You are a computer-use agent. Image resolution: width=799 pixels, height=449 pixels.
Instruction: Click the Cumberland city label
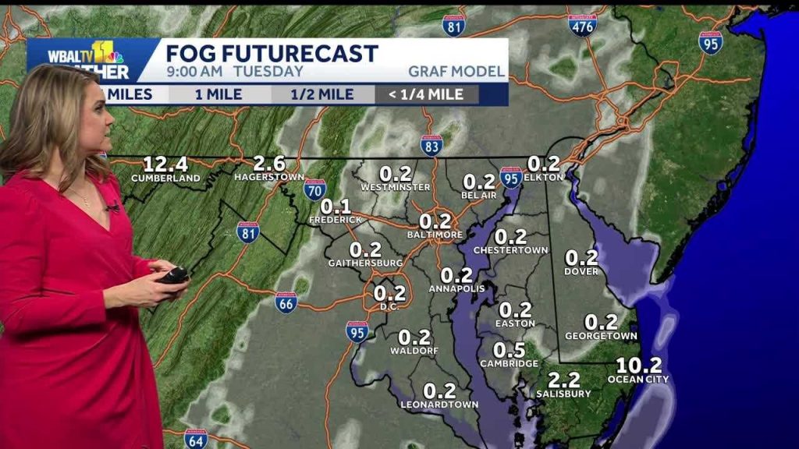165,178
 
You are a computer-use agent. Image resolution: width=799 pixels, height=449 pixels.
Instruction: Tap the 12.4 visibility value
165,164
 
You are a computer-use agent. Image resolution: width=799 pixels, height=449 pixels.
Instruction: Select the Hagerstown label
268,178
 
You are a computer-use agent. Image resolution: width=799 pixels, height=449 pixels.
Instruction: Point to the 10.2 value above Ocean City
638,365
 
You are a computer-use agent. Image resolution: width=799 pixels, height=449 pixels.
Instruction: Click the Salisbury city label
563,394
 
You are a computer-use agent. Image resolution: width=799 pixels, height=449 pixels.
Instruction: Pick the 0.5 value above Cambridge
509,350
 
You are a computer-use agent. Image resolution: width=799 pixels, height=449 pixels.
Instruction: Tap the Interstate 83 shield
431,145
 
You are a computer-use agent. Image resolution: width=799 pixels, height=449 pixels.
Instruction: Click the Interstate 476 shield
582,25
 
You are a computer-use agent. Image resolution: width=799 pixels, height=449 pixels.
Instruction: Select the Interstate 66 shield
286,302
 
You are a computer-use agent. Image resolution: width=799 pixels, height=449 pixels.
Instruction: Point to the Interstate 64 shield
196,439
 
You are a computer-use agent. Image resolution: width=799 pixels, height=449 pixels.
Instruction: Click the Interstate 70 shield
315,189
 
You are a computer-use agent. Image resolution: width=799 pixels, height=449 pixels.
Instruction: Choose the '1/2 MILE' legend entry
322,94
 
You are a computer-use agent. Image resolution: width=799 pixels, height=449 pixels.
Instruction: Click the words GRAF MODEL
456,72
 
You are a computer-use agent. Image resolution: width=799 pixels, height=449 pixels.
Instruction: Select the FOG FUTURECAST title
272,53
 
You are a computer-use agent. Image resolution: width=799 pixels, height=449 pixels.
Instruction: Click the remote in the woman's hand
173,274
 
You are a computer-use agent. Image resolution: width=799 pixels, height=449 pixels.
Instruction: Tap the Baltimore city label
435,234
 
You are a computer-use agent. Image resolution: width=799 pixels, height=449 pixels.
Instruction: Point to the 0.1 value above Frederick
336,207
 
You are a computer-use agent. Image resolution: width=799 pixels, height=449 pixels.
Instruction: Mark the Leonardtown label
439,404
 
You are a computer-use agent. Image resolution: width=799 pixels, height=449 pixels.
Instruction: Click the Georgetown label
601,335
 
